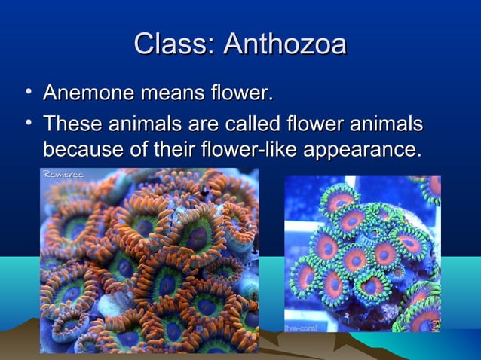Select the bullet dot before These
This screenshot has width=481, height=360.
28,122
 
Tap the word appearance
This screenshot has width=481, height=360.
360,148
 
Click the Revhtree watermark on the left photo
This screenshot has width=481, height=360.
63,175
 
